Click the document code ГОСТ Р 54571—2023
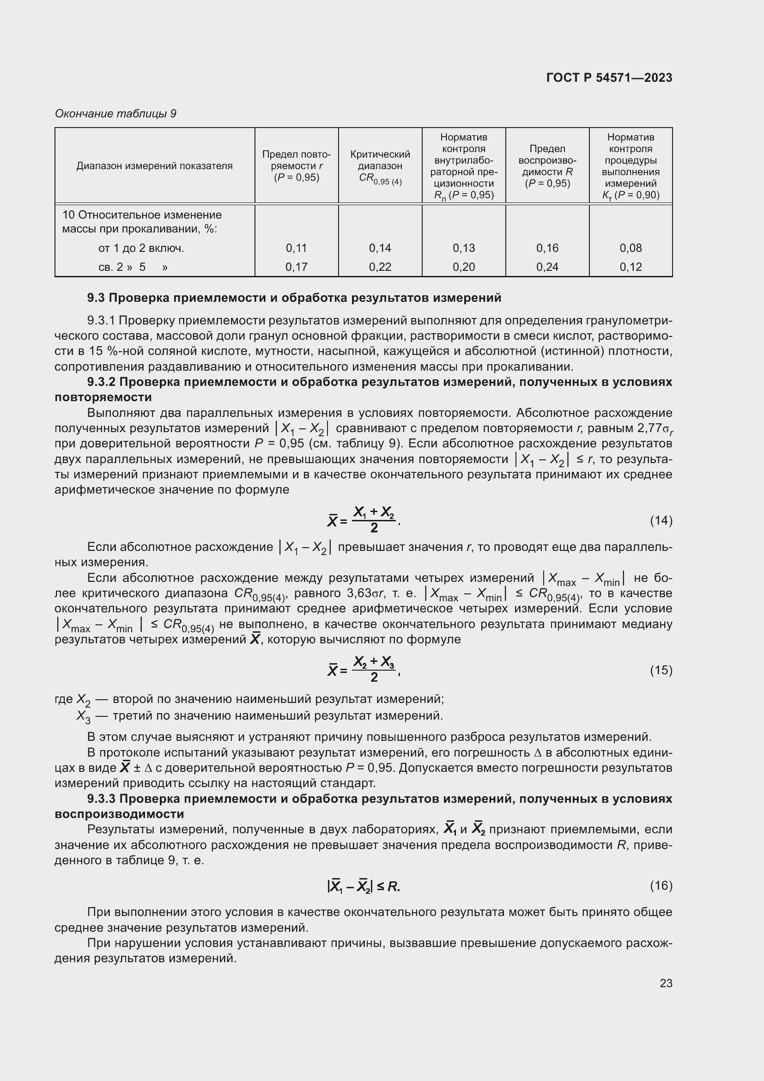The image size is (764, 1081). tap(609, 78)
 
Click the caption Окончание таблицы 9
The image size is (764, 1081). tap(115, 114)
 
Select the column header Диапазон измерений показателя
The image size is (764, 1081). tap(154, 166)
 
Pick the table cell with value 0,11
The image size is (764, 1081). tap(297, 248)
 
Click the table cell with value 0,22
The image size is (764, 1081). tap(380, 267)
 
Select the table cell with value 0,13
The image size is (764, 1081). tap(463, 248)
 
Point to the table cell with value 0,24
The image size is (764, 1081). tap(547, 267)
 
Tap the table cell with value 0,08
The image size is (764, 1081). tap(631, 248)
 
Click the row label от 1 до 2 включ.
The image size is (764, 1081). tap(141, 248)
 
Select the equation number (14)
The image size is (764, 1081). tap(661, 520)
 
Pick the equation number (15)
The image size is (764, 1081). tap(661, 670)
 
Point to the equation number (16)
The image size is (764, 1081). tap(661, 886)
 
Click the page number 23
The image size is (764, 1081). tap(666, 983)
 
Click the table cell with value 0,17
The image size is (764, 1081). tap(297, 267)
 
